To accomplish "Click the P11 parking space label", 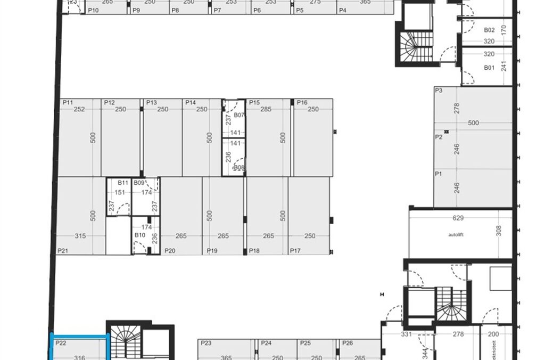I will click(68, 102).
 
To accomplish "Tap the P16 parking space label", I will click(302, 102).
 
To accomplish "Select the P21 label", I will click(63, 250).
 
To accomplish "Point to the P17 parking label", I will click(295, 250).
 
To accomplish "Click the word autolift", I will click(457, 234).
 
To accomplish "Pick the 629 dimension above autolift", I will click(458, 218).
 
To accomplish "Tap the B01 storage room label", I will click(489, 68).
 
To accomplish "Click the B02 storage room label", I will click(489, 30).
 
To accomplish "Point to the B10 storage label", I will click(140, 235).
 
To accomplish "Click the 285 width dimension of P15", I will click(266, 109).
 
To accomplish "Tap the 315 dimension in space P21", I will click(80, 236).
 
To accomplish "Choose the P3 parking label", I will click(439, 91).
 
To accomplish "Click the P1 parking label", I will click(439, 174).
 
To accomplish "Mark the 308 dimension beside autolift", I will click(499, 231).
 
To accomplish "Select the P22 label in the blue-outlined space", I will click(60, 343).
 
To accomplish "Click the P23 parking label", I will click(207, 343).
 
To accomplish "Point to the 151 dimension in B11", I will click(120, 192).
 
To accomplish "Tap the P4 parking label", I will click(342, 10).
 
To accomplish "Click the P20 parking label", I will click(170, 250).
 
